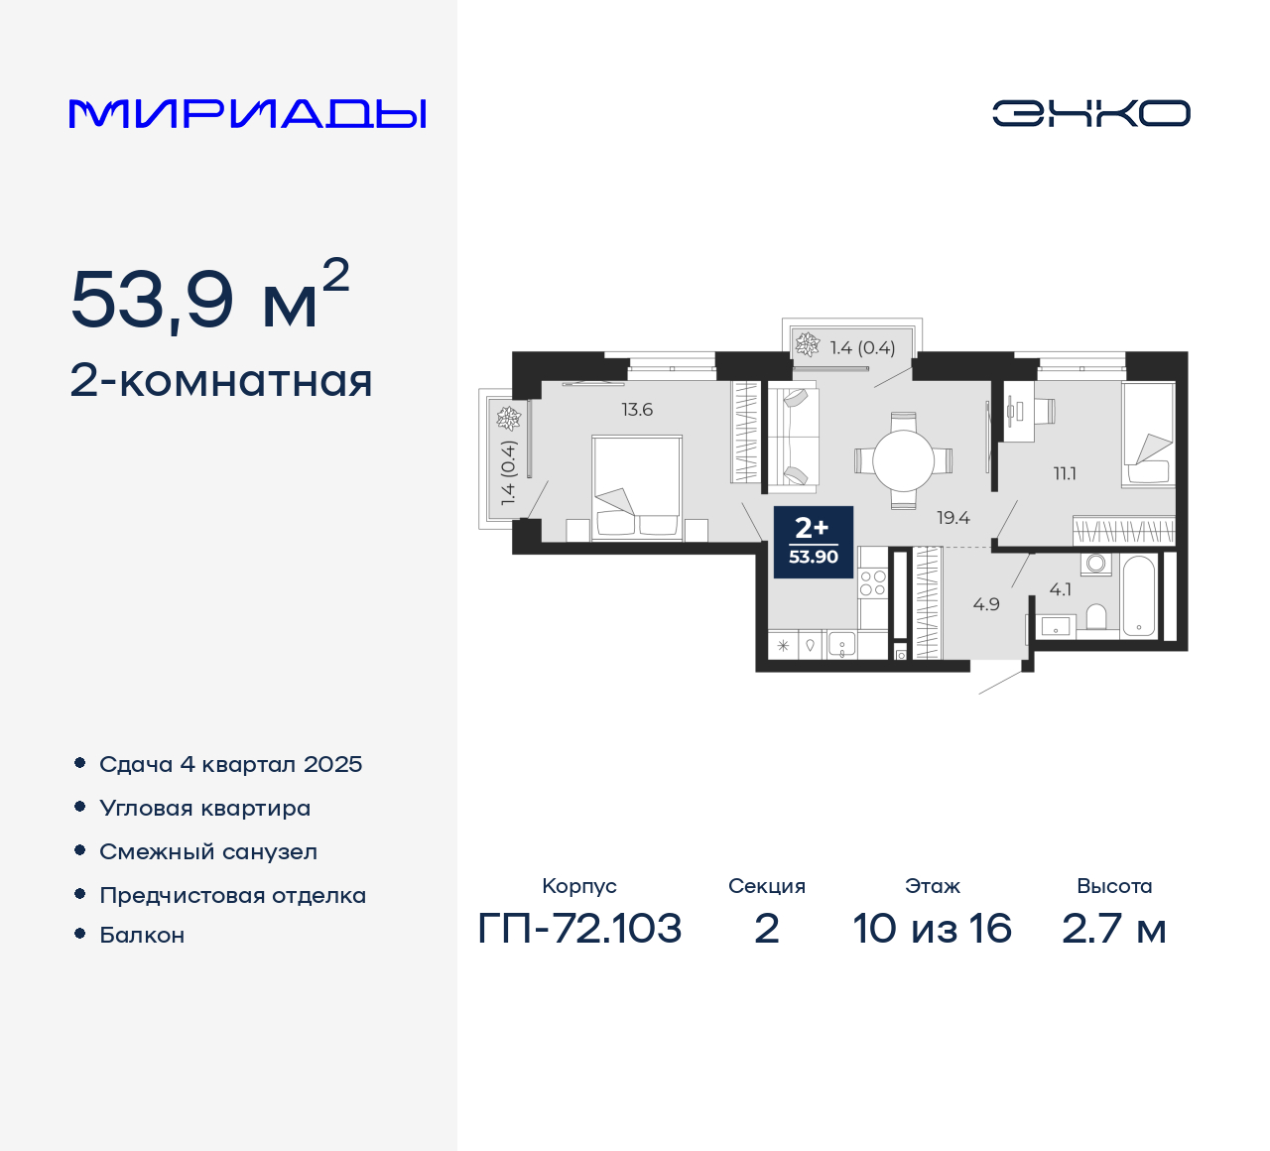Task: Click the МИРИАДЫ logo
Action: pyautogui.click(x=247, y=113)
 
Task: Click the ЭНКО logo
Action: pyautogui.click(x=1090, y=113)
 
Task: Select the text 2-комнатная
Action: pyautogui.click(x=221, y=381)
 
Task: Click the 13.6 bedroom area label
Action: pyautogui.click(x=637, y=410)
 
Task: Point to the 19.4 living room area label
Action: pyautogui.click(x=952, y=518)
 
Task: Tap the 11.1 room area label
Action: pyautogui.click(x=1065, y=474)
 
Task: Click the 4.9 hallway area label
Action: pyautogui.click(x=986, y=604)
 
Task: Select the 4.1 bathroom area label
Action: pyautogui.click(x=1060, y=589)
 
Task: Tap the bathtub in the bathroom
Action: pyautogui.click(x=1139, y=595)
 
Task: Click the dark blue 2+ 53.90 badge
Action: pyautogui.click(x=813, y=542)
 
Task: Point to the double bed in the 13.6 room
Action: pyautogui.click(x=636, y=486)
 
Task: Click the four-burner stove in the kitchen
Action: pyautogui.click(x=872, y=583)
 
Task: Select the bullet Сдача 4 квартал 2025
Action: pyautogui.click(x=230, y=764)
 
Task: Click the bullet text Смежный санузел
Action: pyautogui.click(x=208, y=851)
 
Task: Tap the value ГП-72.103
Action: pyautogui.click(x=579, y=929)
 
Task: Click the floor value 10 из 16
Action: pyautogui.click(x=932, y=929)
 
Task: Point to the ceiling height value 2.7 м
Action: pyautogui.click(x=1113, y=929)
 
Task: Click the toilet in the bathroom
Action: pyautogui.click(x=1096, y=617)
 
